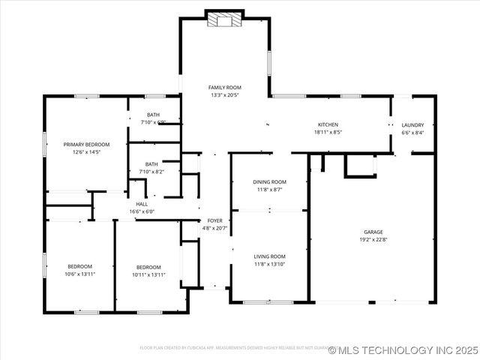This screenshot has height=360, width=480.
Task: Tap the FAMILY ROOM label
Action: tap(224, 88)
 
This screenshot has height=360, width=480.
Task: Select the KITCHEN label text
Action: tap(328, 124)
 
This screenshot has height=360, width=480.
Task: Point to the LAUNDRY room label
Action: tap(412, 125)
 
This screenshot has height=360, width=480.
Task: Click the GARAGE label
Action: tap(373, 232)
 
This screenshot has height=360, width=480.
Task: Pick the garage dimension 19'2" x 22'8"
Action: tap(373, 241)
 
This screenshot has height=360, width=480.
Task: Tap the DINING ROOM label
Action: tap(269, 182)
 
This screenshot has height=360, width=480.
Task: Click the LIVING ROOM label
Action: tap(269, 256)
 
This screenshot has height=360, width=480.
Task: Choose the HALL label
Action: tap(142, 204)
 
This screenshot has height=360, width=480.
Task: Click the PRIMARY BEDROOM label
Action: tap(86, 144)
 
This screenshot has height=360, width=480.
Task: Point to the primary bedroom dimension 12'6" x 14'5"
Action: tap(86, 152)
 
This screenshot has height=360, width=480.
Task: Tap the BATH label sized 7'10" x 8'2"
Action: tap(151, 164)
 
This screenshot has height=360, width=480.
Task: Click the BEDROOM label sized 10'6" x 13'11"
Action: tap(79, 267)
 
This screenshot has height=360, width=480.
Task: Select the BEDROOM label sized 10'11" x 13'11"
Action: tap(148, 267)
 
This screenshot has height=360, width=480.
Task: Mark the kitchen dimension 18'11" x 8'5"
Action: tap(328, 132)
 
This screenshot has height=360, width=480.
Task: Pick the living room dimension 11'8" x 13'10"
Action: tap(269, 264)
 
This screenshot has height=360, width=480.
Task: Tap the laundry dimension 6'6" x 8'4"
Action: tap(412, 133)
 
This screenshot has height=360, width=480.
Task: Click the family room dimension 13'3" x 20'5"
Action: tap(224, 95)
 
